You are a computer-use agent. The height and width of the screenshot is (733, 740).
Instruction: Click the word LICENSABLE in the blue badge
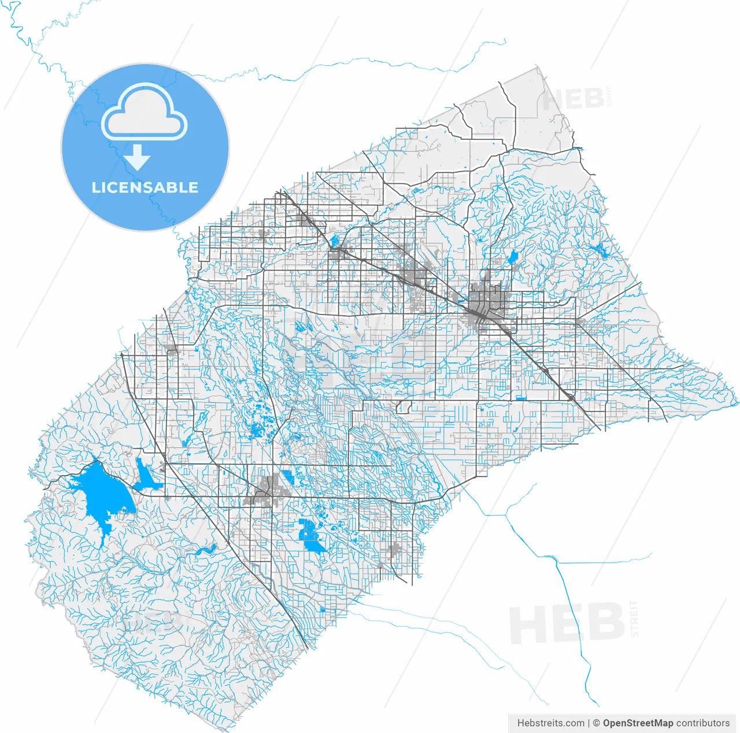tap(145, 187)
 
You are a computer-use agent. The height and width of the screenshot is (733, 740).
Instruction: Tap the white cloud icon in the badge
tap(145, 114)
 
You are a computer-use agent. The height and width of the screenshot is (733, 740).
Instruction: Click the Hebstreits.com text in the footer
tap(550, 723)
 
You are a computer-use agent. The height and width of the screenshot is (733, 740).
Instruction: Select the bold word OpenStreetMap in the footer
tap(638, 723)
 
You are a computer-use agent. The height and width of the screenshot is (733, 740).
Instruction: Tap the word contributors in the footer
tap(703, 723)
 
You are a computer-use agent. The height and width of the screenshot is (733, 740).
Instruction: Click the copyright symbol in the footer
tap(595, 723)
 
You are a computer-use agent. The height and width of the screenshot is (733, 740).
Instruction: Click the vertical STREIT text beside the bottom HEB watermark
tap(635, 619)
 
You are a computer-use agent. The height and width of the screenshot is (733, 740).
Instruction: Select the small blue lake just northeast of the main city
tap(512, 257)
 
